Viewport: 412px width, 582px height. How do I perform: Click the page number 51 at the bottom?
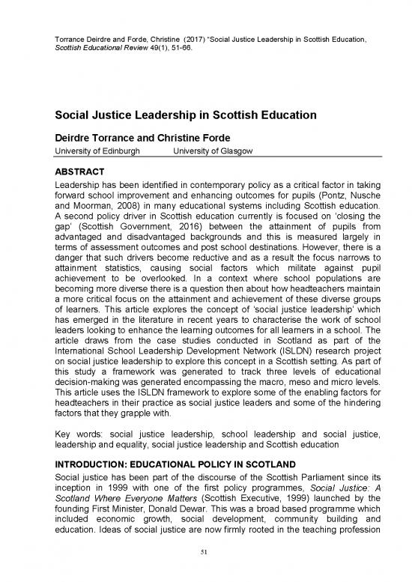206,553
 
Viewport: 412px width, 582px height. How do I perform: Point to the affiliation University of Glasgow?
213,151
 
